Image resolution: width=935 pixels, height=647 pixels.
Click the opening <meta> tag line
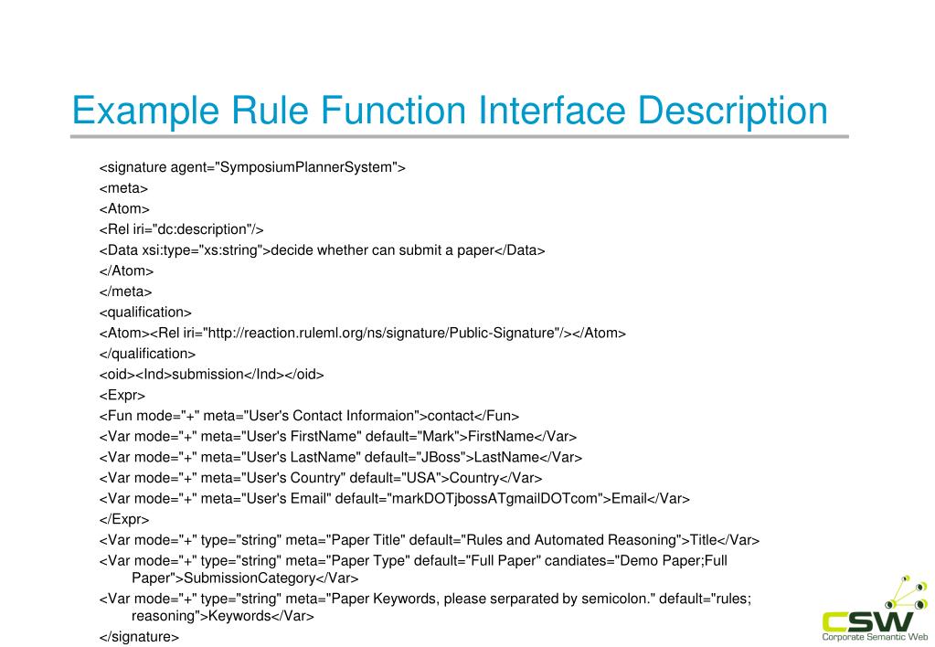click(123, 188)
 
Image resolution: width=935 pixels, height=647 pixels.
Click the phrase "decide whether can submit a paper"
click(382, 250)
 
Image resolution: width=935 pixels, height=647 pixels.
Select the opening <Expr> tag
click(122, 395)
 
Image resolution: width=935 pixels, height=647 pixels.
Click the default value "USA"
click(421, 478)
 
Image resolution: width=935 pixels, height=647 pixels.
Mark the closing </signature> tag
click(139, 637)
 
